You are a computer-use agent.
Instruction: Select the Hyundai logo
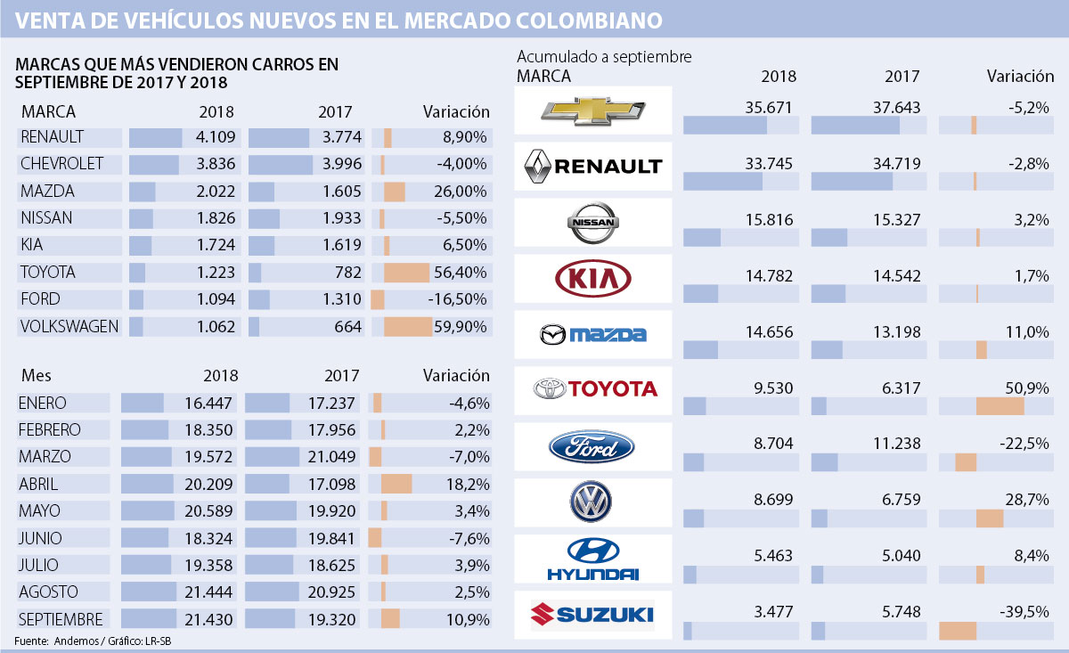click(593, 559)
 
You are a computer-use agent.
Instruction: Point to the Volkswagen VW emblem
click(593, 502)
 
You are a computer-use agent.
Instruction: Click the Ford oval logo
click(593, 446)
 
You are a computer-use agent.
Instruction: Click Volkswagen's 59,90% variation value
click(461, 327)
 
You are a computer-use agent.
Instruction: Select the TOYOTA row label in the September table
click(48, 273)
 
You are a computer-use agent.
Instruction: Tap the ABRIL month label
click(38, 484)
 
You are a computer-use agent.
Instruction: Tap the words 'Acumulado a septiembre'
click(604, 57)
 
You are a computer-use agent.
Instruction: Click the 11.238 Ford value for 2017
click(894, 444)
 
